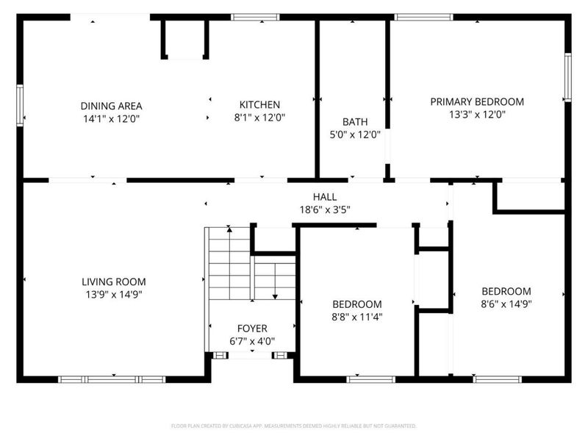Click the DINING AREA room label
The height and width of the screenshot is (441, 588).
(x=111, y=106)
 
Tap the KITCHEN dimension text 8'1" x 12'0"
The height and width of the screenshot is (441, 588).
(x=259, y=117)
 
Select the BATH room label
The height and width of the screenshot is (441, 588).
(x=354, y=122)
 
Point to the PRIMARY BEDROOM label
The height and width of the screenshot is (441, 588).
(x=476, y=101)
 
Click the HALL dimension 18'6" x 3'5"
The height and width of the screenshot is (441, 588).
(x=324, y=209)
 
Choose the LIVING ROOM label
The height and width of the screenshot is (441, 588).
(x=113, y=282)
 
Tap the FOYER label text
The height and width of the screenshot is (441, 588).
(x=252, y=329)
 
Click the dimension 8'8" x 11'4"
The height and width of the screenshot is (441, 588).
(x=356, y=318)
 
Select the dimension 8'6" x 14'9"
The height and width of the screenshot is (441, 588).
(x=506, y=304)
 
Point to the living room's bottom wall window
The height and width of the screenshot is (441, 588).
(x=112, y=379)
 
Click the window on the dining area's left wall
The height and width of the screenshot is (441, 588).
(x=21, y=105)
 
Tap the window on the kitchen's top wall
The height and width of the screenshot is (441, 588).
(x=255, y=16)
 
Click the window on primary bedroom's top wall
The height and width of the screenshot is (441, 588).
(x=423, y=16)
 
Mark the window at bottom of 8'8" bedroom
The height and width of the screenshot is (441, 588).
(x=371, y=379)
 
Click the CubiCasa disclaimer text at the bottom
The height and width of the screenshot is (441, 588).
(x=293, y=426)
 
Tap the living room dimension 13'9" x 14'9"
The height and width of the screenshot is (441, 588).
(x=113, y=294)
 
